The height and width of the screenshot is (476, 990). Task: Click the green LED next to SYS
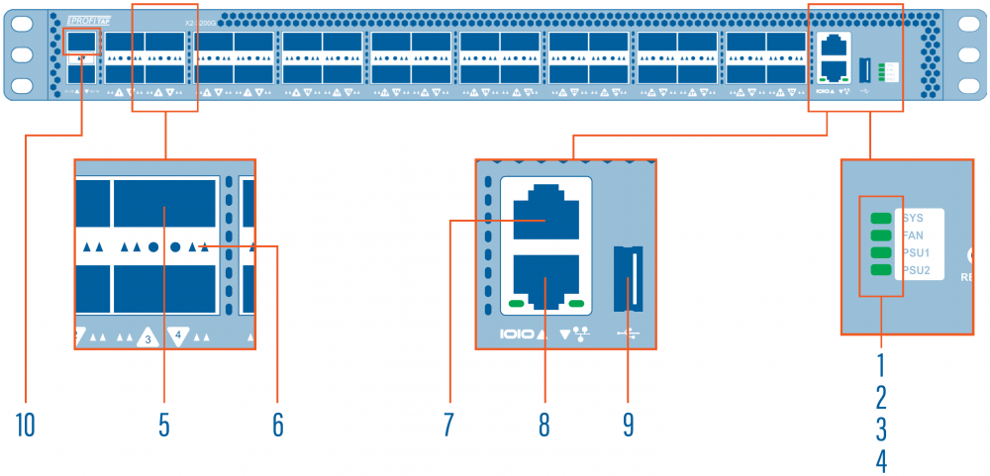coord(880,218)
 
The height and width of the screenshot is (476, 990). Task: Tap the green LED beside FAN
coord(880,236)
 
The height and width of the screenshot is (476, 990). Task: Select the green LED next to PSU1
coord(880,252)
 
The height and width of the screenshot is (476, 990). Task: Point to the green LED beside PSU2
coord(880,270)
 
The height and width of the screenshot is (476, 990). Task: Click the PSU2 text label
coord(916,270)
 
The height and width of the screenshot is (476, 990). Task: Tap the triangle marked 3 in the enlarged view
coord(147,337)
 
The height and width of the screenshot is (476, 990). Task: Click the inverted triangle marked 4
coord(178,335)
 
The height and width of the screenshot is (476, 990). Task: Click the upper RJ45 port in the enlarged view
coord(545,210)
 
